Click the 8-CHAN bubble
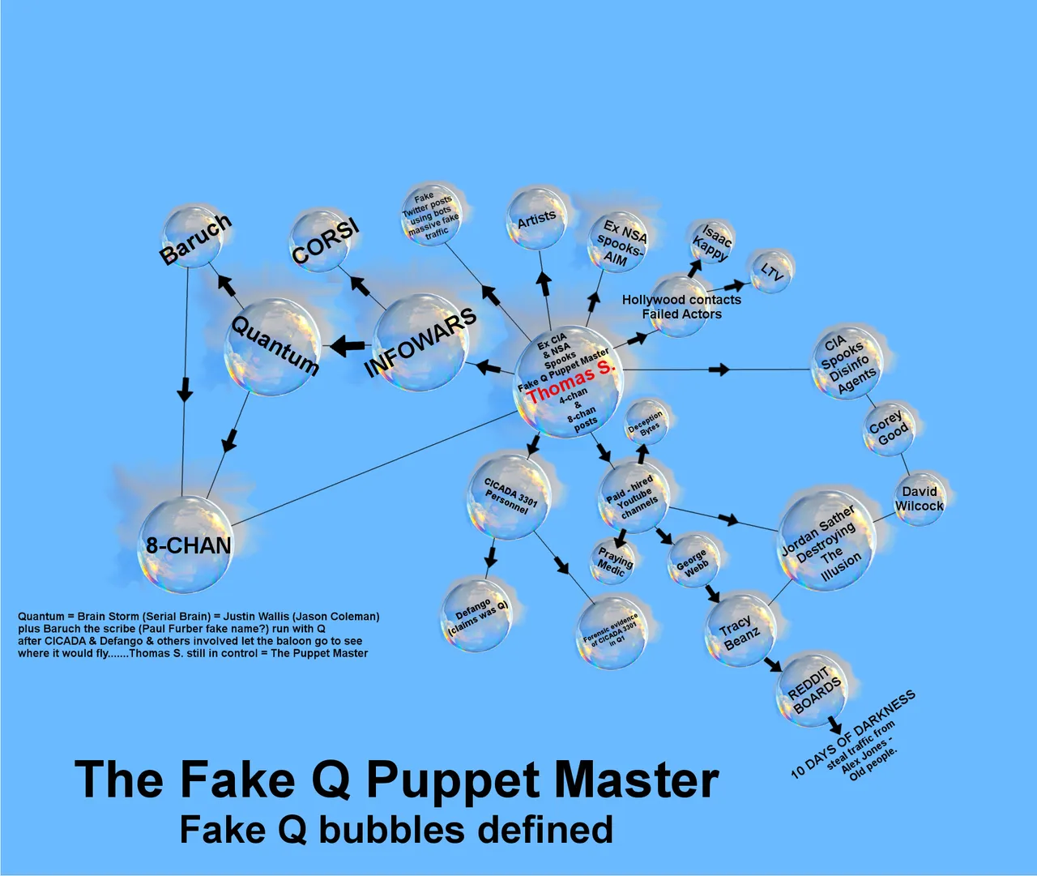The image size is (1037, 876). point(186,544)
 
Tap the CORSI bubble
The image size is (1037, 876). point(319,241)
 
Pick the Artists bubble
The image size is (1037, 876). point(536,219)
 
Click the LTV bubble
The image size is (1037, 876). point(771,271)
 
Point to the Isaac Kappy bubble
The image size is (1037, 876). point(711,243)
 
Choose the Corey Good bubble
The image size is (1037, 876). point(890,429)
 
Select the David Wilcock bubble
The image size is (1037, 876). point(920,499)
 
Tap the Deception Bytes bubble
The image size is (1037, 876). point(645,423)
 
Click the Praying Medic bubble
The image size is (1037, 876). point(612,562)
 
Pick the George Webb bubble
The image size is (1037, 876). point(693,561)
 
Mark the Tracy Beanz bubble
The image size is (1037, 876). point(740,631)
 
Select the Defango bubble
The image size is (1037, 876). point(476,616)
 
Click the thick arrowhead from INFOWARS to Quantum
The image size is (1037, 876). point(343,346)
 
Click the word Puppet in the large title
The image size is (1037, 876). point(452,780)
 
